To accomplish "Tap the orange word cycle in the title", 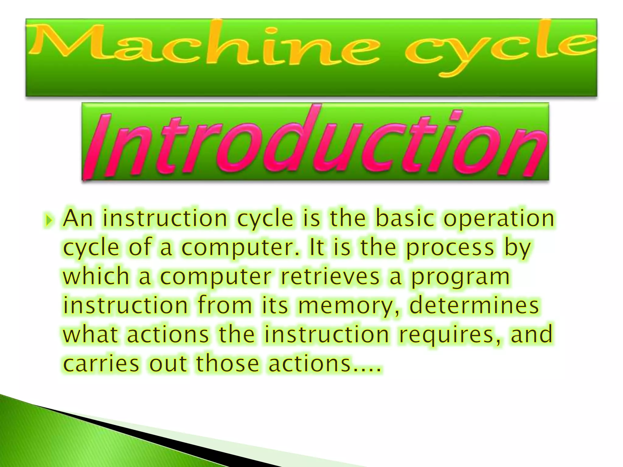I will (499, 49).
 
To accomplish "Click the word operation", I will (499, 219).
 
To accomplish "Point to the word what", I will (90, 334).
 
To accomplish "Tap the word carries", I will (101, 363).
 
